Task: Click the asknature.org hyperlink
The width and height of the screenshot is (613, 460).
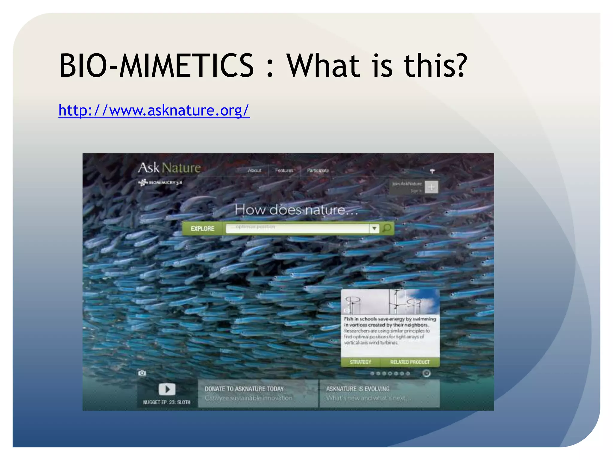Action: (x=154, y=111)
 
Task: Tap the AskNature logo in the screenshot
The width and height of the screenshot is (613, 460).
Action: (x=169, y=168)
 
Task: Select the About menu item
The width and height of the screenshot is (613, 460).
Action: (x=254, y=170)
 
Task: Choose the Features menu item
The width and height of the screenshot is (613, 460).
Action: (x=284, y=170)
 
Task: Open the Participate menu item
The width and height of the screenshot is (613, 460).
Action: (x=318, y=170)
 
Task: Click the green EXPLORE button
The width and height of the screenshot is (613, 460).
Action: (x=202, y=229)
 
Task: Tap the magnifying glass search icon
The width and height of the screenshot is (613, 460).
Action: (x=387, y=228)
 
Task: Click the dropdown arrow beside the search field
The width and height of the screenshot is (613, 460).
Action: (x=374, y=229)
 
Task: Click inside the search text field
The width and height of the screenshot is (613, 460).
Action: (x=296, y=229)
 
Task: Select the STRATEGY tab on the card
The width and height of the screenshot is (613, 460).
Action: (x=360, y=362)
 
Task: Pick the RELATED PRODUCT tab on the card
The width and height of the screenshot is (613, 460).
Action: (x=410, y=362)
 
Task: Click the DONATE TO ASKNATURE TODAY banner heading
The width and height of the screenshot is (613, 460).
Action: (x=244, y=389)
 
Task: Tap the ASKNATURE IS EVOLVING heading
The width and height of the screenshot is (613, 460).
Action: (x=358, y=389)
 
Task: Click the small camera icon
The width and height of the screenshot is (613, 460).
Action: (x=142, y=373)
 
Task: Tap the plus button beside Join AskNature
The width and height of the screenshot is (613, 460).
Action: (x=431, y=187)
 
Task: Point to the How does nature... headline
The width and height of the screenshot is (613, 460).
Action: (x=296, y=210)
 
